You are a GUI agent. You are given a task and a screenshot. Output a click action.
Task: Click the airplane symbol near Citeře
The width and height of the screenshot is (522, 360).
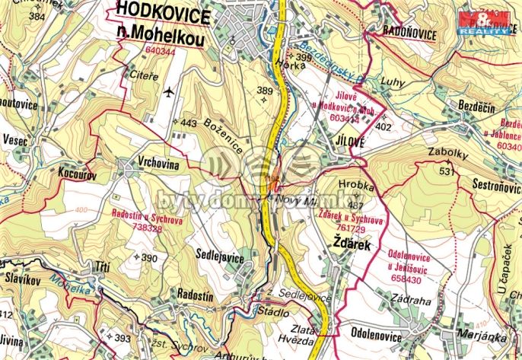[x=168, y=92]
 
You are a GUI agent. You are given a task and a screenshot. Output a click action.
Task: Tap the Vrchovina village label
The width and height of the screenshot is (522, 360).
[x=158, y=161]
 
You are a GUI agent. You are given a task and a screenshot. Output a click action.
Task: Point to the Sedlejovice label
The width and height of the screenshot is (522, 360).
[x=220, y=258]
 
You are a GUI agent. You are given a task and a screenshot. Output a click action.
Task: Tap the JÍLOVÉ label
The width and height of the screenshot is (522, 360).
[x=349, y=142]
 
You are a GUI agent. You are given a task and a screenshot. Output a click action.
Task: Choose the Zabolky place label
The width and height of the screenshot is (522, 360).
[x=447, y=152]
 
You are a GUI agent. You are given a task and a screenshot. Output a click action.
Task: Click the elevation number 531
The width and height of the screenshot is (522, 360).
[x=447, y=171]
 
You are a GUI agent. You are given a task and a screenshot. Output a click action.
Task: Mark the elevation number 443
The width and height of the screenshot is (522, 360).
[x=189, y=123]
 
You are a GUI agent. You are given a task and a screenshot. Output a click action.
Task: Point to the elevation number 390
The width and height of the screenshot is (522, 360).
[x=148, y=258]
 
